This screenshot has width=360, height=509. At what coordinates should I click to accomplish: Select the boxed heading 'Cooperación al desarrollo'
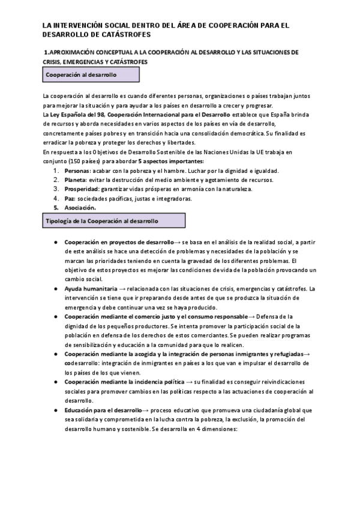click(90, 74)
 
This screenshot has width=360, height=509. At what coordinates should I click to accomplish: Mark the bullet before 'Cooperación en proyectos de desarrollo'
click(55, 242)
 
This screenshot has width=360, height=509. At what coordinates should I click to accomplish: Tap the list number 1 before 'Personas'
click(56, 170)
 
